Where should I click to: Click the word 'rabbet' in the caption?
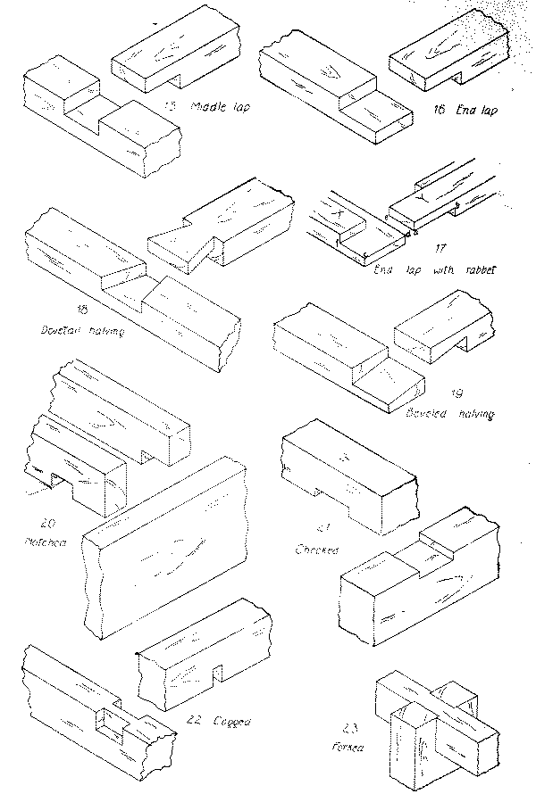pyautogui.click(x=481, y=269)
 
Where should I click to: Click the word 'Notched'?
pyautogui.click(x=38, y=541)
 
